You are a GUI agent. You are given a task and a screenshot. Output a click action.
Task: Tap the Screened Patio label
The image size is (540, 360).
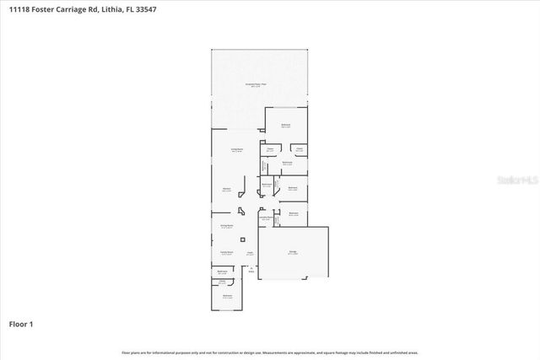pyautogui.click(x=256, y=85)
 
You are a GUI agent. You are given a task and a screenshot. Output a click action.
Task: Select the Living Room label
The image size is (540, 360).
pyautogui.click(x=237, y=149)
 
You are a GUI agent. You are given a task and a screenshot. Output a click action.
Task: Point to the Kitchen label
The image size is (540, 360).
pyautogui.click(x=227, y=190)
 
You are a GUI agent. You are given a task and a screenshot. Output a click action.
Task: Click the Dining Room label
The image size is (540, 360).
pyautogui.click(x=227, y=227)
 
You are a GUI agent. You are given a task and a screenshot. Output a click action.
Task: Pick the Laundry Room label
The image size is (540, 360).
pyautogui.click(x=265, y=218)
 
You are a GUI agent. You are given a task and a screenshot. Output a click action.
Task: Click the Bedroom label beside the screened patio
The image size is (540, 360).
pyautogui.click(x=286, y=126)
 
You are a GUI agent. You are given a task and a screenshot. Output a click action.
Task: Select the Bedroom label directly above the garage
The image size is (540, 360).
pyautogui.click(x=293, y=214)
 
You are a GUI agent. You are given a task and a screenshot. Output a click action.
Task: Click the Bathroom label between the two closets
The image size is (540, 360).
pyautogui.click(x=287, y=163)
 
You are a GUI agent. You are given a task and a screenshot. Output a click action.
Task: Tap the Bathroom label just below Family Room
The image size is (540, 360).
pyautogui.click(x=223, y=271)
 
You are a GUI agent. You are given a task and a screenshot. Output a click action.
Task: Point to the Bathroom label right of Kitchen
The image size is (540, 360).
pyautogui.click(x=267, y=185)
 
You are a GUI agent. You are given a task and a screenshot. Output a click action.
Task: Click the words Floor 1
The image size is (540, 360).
pyautogui.click(x=20, y=323)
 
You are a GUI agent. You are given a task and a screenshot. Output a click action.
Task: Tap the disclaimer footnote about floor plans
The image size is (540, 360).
pyautogui.click(x=269, y=352)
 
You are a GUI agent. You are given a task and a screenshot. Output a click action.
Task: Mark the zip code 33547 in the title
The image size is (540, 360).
pyautogui.click(x=144, y=9)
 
